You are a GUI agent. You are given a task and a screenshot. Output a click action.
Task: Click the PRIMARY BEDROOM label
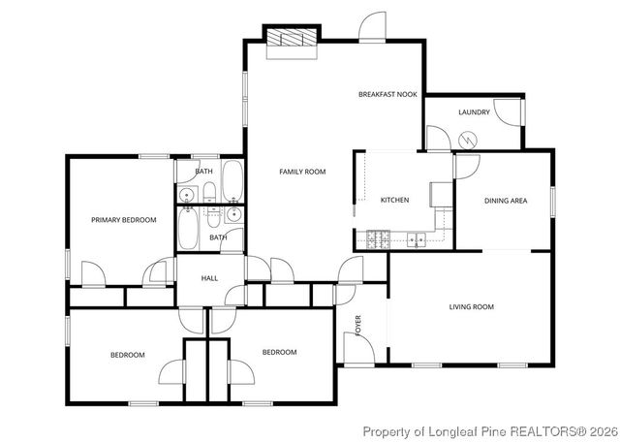(123, 220)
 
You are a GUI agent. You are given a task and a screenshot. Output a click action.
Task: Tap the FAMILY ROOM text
(302, 172)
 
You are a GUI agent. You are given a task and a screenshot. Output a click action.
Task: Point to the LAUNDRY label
(474, 112)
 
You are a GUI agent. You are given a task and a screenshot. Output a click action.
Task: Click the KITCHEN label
(394, 200)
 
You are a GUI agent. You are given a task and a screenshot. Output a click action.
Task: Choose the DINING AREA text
(505, 201)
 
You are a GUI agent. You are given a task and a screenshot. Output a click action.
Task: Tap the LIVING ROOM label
(471, 307)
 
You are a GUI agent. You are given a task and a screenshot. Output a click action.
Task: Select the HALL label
(209, 278)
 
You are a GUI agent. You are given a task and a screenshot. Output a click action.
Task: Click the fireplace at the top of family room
(293, 39)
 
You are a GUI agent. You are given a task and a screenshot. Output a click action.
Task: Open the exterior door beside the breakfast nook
(372, 29)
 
